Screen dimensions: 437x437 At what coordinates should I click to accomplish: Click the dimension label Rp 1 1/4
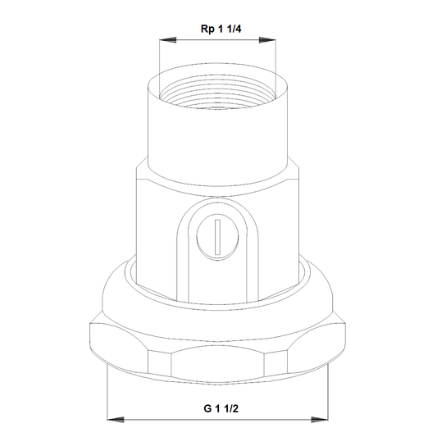pos(221,29)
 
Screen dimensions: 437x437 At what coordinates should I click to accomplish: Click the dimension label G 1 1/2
pos(221,408)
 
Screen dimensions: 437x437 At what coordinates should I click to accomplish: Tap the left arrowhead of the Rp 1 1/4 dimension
pos(168,40)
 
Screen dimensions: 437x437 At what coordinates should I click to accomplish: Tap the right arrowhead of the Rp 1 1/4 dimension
pos(267,40)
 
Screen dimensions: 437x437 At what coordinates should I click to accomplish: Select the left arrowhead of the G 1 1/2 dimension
pos(116,420)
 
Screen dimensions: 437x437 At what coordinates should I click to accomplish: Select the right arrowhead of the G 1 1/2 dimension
pos(320,420)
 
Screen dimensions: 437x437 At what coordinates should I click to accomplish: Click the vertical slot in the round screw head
pos(218,237)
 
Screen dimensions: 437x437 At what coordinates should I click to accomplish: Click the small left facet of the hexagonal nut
pos(159,363)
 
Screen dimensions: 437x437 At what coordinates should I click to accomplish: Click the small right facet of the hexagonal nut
pos(275,363)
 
